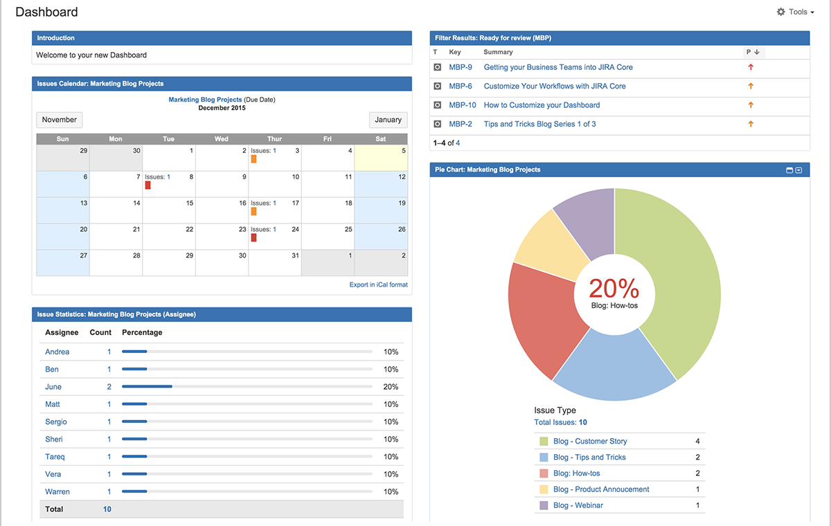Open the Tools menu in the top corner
pyautogui.click(x=796, y=12)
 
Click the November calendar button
pyautogui.click(x=59, y=120)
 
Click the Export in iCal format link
pyautogui.click(x=378, y=284)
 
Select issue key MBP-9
pyautogui.click(x=461, y=67)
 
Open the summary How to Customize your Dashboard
pyautogui.click(x=542, y=105)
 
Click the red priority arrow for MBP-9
pyautogui.click(x=751, y=67)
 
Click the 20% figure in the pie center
pyautogui.click(x=614, y=288)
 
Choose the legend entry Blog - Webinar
pyautogui.click(x=578, y=505)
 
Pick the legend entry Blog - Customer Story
pyautogui.click(x=589, y=441)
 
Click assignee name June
pyautogui.click(x=53, y=387)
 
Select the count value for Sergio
pyautogui.click(x=109, y=421)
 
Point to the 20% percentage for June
pyautogui.click(x=391, y=387)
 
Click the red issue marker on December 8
pyautogui.click(x=148, y=185)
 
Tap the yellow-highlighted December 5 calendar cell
pyautogui.click(x=380, y=158)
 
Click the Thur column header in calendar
pyautogui.click(x=274, y=139)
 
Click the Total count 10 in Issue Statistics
pyautogui.click(x=107, y=509)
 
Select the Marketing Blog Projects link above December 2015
pyautogui.click(x=205, y=100)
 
